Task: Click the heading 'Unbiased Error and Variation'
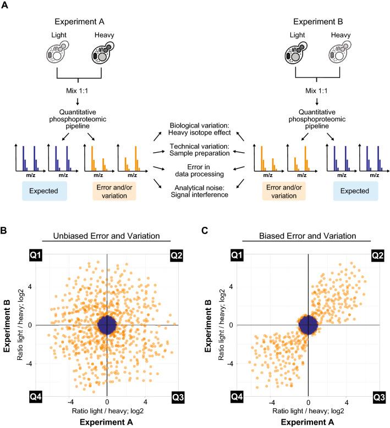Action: pos(107,236)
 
